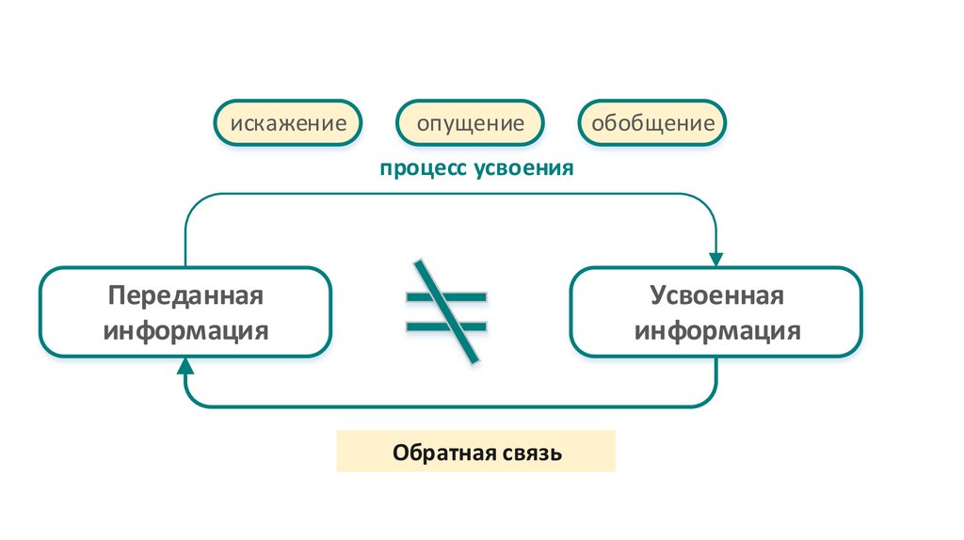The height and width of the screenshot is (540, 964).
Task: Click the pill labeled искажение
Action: tap(288, 122)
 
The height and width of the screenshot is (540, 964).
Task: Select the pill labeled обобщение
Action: tap(652, 122)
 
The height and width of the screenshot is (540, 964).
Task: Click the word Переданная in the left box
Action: tap(185, 295)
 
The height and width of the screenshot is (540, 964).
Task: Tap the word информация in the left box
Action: tap(185, 330)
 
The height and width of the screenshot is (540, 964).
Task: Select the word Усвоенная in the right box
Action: tap(716, 295)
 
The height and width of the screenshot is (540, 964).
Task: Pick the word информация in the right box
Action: tap(716, 330)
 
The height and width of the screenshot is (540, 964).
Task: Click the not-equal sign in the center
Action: tap(446, 311)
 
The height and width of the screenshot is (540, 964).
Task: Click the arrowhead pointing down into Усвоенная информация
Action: tap(716, 258)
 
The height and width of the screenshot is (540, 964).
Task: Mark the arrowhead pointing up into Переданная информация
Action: tap(185, 368)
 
